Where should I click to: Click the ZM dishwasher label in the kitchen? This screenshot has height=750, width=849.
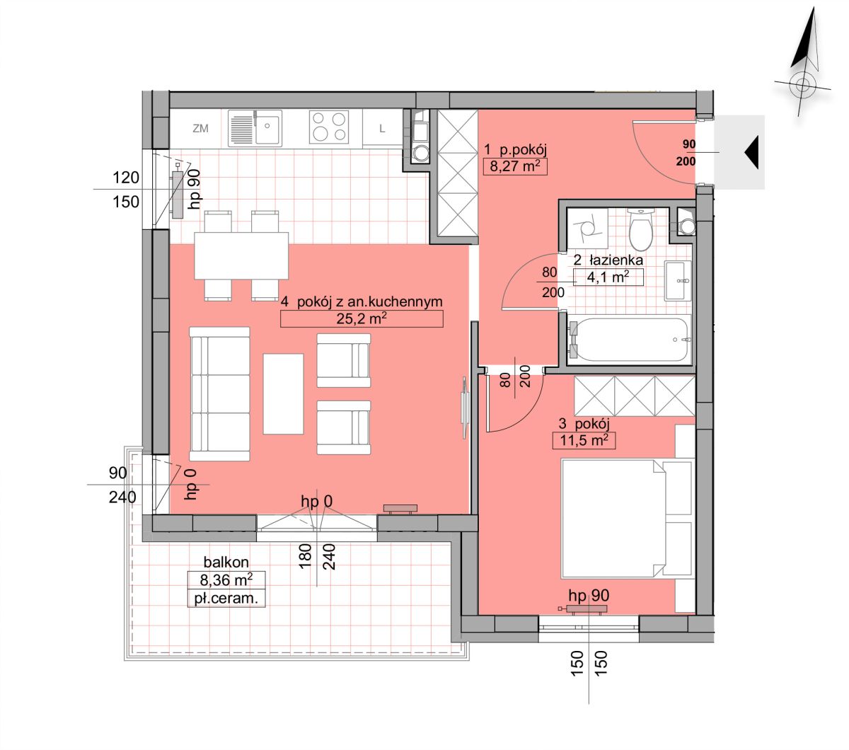200,128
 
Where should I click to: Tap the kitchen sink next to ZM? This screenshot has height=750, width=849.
255,128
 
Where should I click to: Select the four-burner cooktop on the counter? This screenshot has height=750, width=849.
329,127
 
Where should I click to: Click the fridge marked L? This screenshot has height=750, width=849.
382,128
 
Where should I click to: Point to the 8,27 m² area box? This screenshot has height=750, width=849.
515,166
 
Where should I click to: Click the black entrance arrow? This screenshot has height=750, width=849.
752,152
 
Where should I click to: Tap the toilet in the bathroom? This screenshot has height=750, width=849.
641,230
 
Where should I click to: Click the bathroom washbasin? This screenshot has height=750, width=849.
677,281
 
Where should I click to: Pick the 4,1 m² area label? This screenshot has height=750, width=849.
608,277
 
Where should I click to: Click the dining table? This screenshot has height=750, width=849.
241,255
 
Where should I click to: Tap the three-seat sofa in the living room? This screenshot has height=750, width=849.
219,394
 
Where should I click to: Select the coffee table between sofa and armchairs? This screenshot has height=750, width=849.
283,393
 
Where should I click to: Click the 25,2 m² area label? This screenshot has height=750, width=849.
362,318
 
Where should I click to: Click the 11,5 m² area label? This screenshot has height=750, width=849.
584,441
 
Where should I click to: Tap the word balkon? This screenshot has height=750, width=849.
226,562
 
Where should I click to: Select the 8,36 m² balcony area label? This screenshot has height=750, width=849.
226,579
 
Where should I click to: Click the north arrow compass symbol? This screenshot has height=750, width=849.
803,62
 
